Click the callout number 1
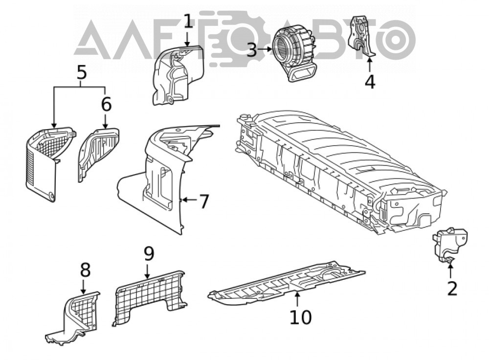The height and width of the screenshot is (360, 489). tap(188, 21)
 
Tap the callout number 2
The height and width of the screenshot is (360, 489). tap(452, 288)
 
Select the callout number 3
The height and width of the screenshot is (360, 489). tap(252, 49)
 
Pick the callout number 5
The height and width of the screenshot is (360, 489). tap(81, 72)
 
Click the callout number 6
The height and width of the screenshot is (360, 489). tap(106, 104)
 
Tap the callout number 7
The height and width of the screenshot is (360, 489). tap(203, 202)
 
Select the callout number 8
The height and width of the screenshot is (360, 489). tap(85, 270)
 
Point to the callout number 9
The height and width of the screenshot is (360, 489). tap(149, 254)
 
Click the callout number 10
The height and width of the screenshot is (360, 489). tap(301, 317)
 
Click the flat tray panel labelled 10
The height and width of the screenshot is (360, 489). tap(286, 282)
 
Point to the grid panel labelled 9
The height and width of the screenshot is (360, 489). tap(150, 296)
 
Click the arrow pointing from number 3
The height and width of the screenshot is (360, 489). tap(265, 49)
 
